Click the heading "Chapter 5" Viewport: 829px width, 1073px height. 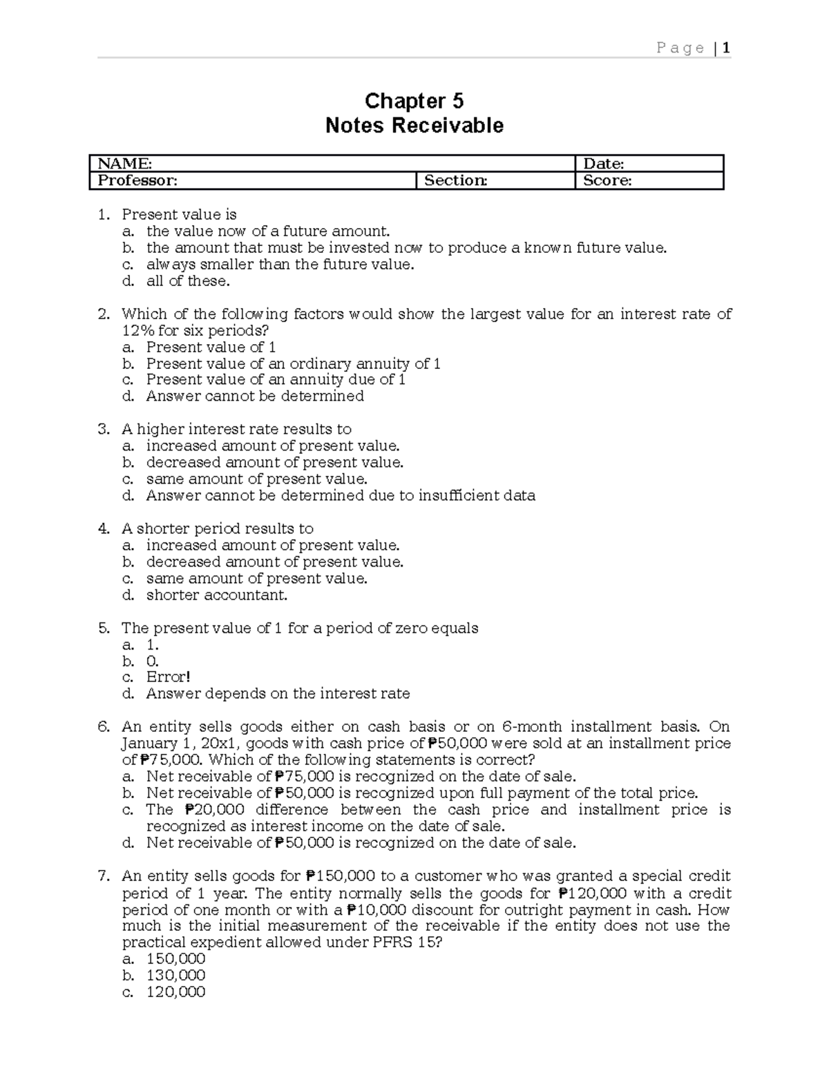point(414,102)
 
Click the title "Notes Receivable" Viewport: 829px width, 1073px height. point(414,126)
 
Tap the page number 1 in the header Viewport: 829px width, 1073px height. point(726,48)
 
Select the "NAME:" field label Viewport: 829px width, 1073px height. point(124,164)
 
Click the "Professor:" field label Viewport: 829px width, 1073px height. point(137,180)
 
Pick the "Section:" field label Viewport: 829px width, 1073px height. point(455,180)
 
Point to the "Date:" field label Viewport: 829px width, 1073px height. point(604,164)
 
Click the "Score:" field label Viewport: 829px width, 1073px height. point(607,180)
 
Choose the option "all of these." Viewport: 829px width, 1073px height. point(188,281)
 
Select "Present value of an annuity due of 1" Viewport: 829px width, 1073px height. point(276,379)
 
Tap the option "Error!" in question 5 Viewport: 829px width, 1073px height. point(168,677)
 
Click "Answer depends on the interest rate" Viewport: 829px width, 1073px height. point(278,694)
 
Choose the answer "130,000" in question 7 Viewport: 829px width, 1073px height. point(175,976)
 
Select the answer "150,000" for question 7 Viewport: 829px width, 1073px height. point(175,959)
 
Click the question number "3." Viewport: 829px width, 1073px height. point(104,429)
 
